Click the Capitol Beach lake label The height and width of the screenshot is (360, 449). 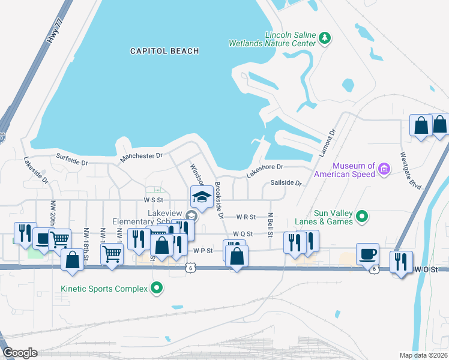coord(164,51)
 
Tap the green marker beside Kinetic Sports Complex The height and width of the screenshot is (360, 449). coord(157,289)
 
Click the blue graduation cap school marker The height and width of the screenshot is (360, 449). coord(201,197)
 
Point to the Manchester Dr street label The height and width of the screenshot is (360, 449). coord(142,155)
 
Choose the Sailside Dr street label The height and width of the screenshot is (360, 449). coord(286,182)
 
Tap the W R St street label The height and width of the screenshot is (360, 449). coord(246,216)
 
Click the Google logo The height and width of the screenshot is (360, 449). coord(20,353)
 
